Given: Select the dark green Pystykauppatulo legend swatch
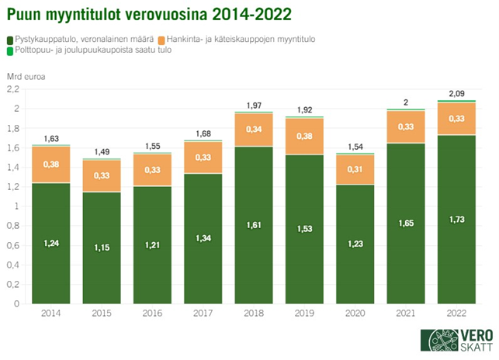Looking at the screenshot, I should point(9,39).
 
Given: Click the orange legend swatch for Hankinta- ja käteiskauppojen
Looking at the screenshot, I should point(161,39).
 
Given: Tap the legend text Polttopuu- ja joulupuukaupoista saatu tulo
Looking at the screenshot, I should point(93,50).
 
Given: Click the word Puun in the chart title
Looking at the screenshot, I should point(26,14).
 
